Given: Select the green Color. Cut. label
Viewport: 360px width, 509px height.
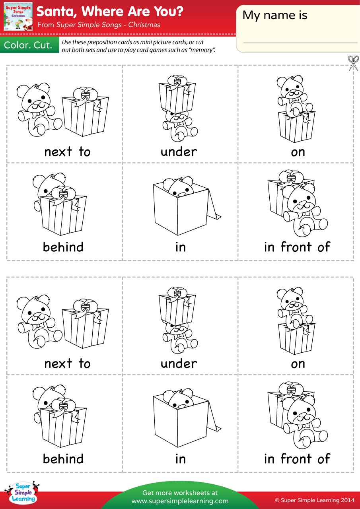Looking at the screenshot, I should pos(28,45).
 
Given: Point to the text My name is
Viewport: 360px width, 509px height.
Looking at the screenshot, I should pos(275,16).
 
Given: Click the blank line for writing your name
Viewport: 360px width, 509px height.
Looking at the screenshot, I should pos(300,42).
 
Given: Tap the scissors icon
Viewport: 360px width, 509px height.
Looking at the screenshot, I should pos(353,62).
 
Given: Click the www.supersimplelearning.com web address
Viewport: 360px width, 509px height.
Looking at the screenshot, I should pos(180,501).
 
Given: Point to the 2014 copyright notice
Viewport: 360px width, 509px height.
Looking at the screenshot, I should pos(315,500).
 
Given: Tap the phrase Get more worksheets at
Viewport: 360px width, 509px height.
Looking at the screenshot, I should pos(180,493).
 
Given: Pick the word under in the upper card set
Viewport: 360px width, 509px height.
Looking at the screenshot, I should pos(179,152).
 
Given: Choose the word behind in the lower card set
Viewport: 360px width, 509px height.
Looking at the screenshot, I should pos(63,459).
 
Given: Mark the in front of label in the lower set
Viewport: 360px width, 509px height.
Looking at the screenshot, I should pos(297,459).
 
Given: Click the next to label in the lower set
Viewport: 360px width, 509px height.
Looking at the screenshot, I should pos(67,363).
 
